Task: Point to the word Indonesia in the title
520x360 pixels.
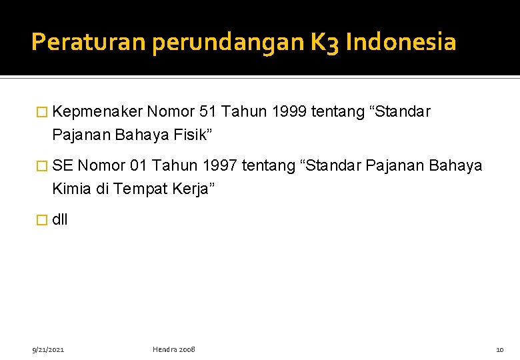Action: click(401, 43)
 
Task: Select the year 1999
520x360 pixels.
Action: click(282, 112)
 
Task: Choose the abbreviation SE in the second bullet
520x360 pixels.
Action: click(63, 165)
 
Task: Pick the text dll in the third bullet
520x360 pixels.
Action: click(59, 219)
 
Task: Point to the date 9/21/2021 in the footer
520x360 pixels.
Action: click(48, 349)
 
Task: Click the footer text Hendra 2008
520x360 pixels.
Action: click(174, 349)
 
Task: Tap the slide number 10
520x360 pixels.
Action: click(500, 349)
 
